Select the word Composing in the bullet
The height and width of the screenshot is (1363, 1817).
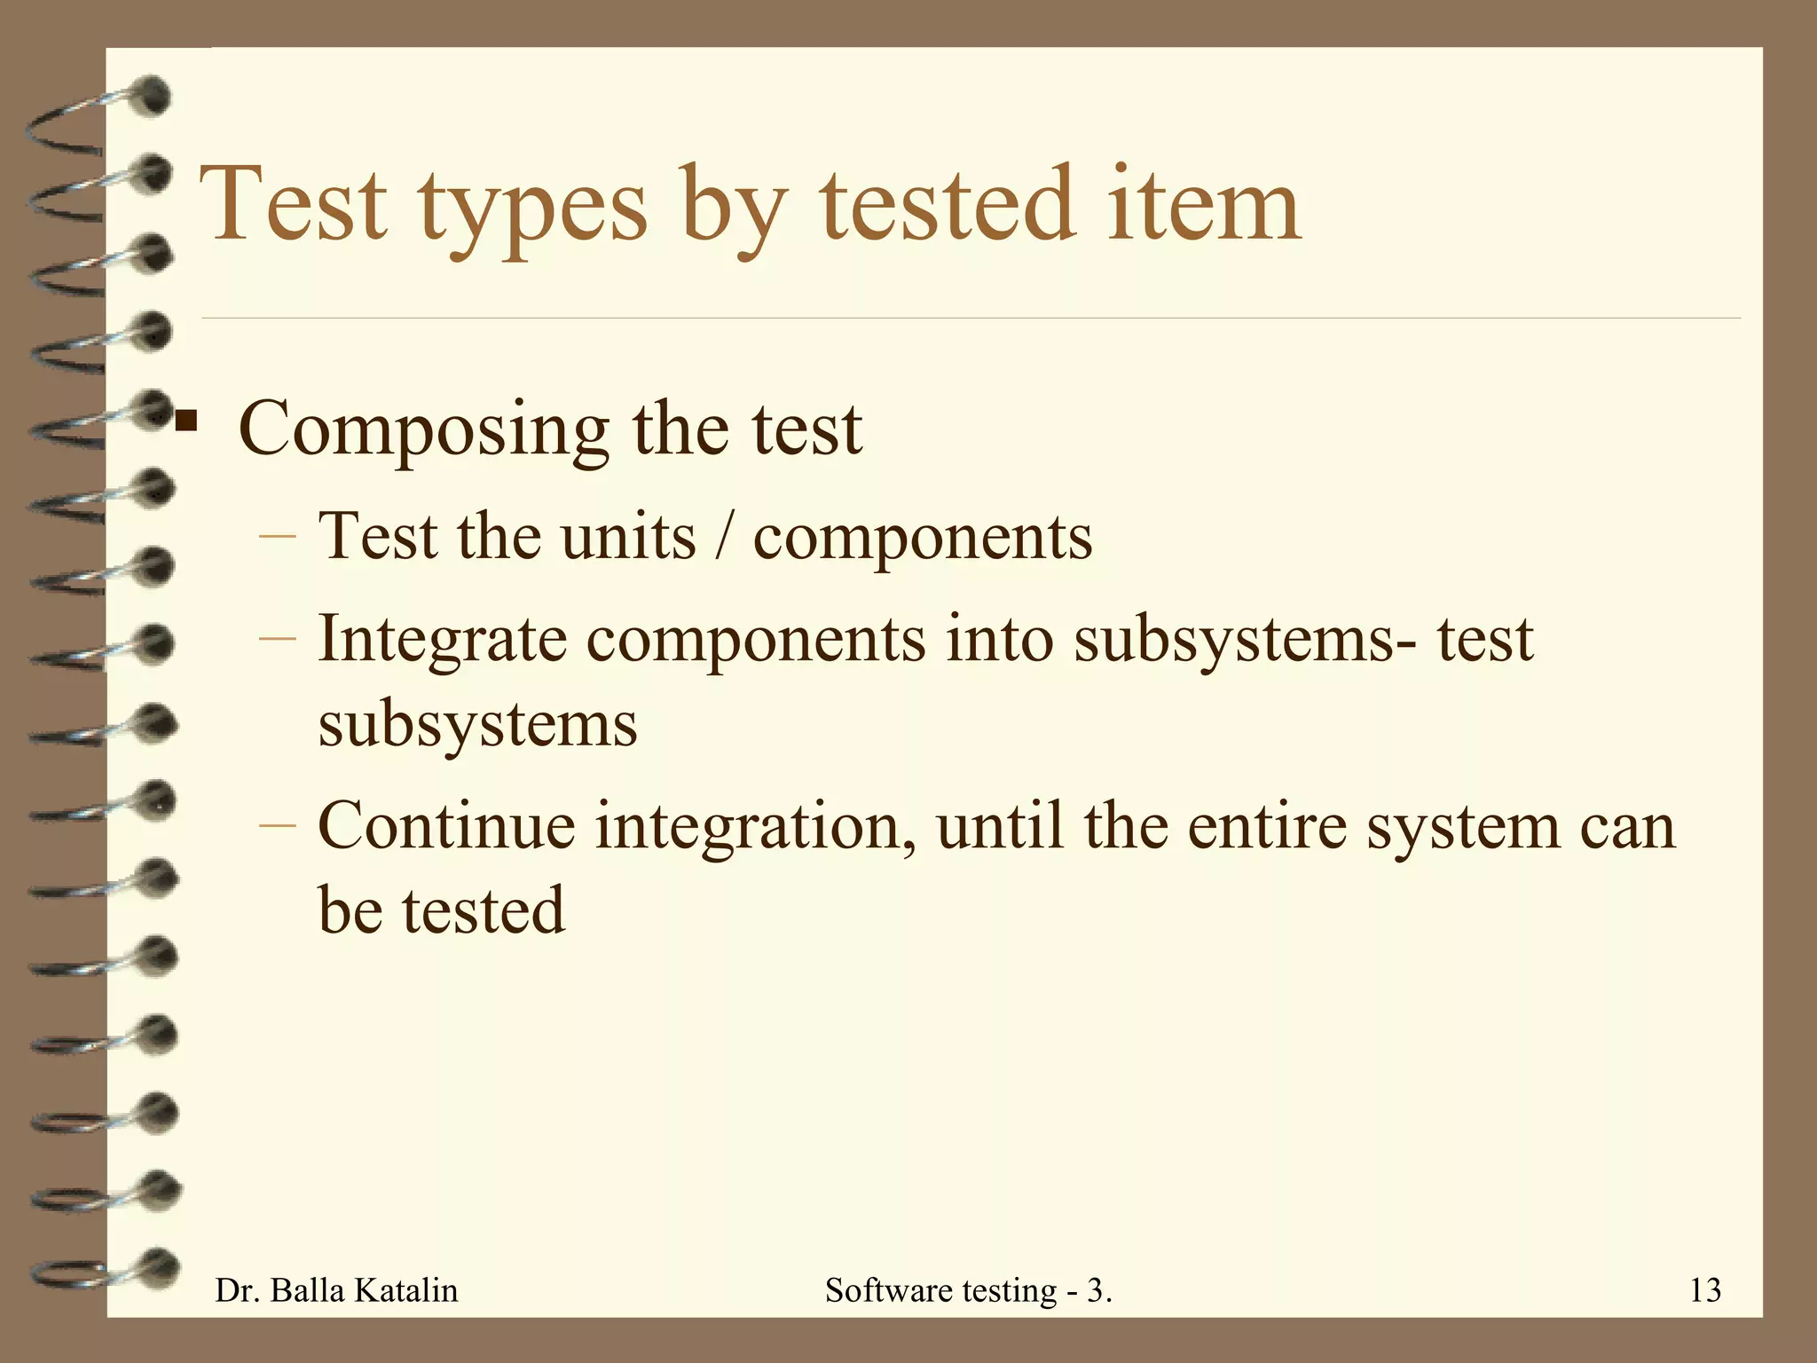click(424, 430)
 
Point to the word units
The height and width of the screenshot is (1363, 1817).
click(629, 538)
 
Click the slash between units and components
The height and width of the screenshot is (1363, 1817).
click(725, 538)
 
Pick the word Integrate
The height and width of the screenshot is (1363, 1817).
click(442, 639)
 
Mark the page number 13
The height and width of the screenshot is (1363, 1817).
click(1705, 1290)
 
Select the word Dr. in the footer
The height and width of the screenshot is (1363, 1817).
click(238, 1290)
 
